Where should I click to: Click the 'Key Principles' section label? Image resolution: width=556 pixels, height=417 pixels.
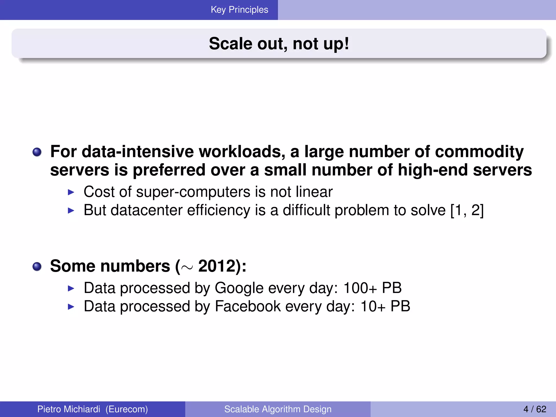[239, 10]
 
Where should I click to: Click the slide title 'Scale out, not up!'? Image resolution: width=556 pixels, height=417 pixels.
[279, 44]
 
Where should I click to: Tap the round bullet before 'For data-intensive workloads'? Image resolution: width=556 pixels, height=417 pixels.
[37, 152]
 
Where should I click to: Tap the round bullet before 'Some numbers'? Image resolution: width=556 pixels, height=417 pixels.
[37, 267]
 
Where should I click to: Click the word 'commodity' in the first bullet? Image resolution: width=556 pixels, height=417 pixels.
[479, 151]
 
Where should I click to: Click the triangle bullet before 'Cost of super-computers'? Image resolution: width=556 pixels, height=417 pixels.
[71, 192]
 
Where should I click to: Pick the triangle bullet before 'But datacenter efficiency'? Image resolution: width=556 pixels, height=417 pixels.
[71, 211]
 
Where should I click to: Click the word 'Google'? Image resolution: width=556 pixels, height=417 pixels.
[239, 288]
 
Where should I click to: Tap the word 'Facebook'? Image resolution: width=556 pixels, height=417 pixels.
[248, 307]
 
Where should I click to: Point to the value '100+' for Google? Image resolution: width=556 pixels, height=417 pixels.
[360, 288]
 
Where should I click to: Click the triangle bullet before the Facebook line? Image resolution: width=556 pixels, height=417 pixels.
[71, 307]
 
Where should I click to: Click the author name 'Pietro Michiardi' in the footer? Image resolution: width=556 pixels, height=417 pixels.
[69, 409]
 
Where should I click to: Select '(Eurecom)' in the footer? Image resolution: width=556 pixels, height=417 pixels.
[127, 409]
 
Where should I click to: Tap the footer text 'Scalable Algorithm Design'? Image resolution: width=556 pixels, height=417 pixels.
[278, 409]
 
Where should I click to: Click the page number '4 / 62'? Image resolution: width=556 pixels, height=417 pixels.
[535, 409]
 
